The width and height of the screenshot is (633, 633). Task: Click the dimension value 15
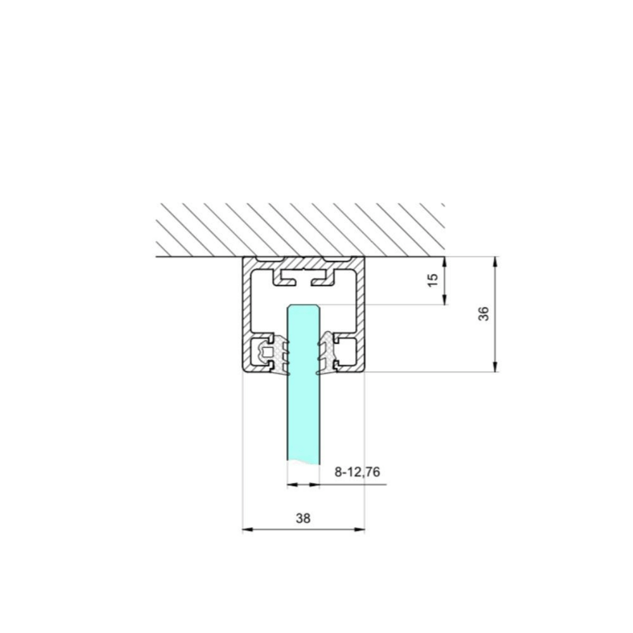click(x=432, y=280)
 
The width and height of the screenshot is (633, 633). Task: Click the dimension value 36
click(x=484, y=314)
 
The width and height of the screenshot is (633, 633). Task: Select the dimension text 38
click(x=303, y=518)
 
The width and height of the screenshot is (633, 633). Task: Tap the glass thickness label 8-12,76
click(x=357, y=472)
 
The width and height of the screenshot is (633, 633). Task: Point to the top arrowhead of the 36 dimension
click(x=496, y=261)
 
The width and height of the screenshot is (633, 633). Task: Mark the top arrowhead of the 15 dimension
click(x=444, y=261)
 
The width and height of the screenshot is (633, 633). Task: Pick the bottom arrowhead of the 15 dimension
click(x=444, y=300)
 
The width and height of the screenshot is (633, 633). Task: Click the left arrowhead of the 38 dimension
click(x=248, y=530)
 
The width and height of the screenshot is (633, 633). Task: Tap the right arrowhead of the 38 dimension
click(x=360, y=530)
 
